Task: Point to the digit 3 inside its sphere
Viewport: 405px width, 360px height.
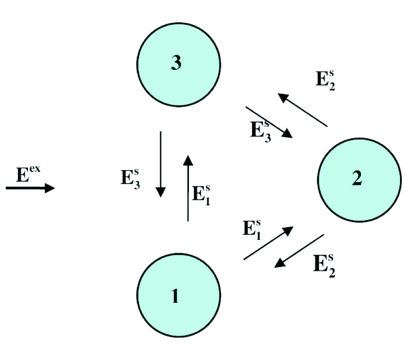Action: (176, 63)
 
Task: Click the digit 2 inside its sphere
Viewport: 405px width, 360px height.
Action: (357, 180)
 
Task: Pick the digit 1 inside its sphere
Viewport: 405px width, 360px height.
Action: (175, 296)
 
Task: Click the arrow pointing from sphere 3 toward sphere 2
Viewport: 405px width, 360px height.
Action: (269, 122)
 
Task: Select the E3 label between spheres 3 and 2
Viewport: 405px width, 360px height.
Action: (262, 130)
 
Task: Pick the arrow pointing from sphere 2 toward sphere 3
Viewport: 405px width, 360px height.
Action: (302, 109)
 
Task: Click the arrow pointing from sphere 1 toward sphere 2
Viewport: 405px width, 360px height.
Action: (268, 243)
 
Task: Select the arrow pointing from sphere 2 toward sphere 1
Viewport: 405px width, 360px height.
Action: (299, 250)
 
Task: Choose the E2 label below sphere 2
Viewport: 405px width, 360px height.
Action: (324, 265)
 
